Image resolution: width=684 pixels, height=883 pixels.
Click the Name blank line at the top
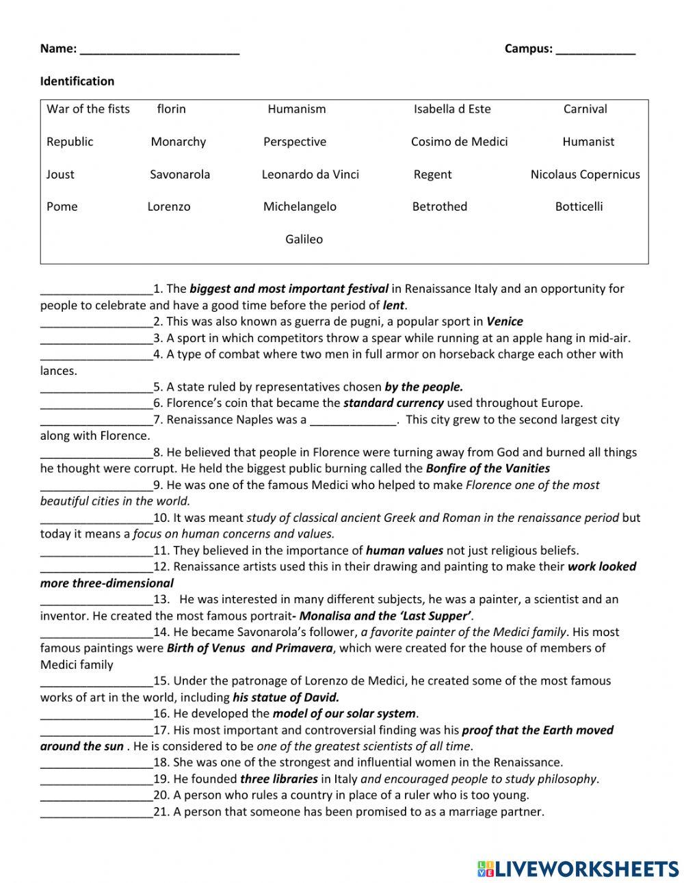tap(159, 50)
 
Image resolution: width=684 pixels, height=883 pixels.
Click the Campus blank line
tap(595, 50)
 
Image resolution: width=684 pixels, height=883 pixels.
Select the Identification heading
tap(77, 81)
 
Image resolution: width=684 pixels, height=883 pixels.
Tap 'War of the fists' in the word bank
tap(88, 109)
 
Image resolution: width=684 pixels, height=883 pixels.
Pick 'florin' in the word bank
tap(171, 109)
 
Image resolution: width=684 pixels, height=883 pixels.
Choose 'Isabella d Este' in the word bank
tap(452, 109)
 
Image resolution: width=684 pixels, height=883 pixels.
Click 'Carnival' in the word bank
tap(585, 109)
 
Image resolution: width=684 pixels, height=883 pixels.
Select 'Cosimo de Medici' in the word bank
tap(459, 142)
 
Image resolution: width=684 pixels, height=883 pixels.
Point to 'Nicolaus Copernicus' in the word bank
tap(585, 174)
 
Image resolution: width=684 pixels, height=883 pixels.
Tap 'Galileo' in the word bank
tap(304, 239)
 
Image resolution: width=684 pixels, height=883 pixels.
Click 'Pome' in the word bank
tap(62, 207)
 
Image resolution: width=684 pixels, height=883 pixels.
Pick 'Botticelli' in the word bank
tap(579, 207)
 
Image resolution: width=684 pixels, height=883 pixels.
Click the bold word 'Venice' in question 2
tap(504, 321)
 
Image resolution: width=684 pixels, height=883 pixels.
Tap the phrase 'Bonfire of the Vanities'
tap(488, 469)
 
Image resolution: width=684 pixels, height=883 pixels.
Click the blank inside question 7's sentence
tap(353, 421)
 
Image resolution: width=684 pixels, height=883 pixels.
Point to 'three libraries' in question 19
tap(279, 779)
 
